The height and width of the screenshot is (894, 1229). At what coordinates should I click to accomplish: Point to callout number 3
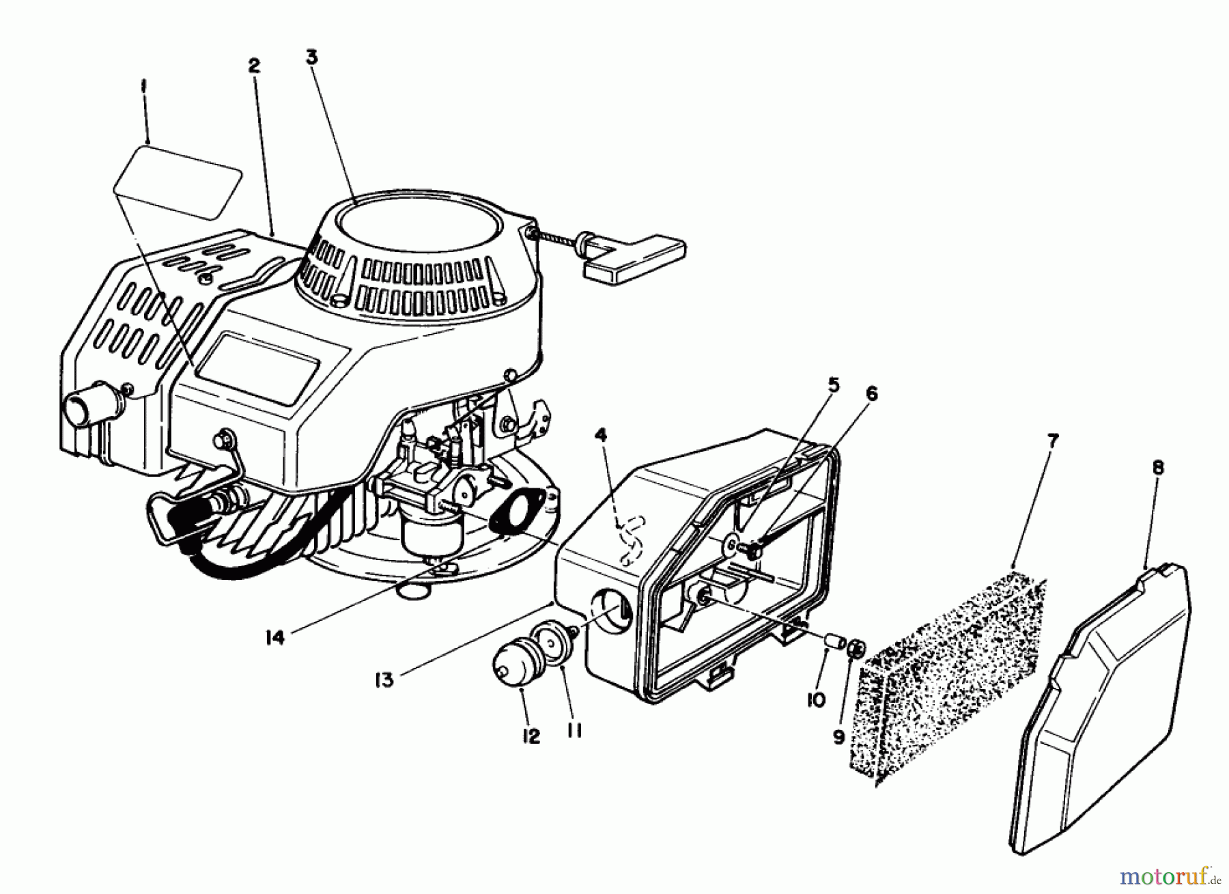coord(311,58)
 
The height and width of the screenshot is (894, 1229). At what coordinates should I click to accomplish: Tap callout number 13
coord(384,680)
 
